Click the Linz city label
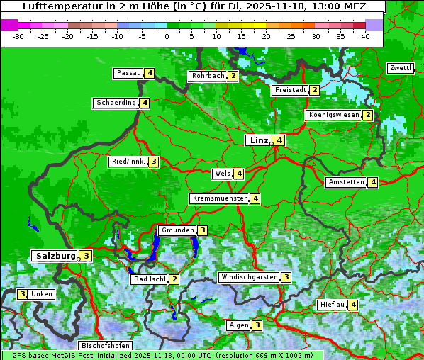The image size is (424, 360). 259,140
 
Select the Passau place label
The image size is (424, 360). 129,73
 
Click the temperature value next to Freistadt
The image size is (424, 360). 314,90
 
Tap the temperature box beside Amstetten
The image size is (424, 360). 373,182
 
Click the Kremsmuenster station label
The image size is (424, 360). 219,198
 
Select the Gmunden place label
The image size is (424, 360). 177,230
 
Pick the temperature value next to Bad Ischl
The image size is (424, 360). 174,279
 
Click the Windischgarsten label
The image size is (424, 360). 249,277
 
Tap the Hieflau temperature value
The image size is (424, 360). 353,305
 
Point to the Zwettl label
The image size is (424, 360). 400,68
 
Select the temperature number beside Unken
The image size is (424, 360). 23,294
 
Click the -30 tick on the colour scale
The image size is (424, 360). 18,36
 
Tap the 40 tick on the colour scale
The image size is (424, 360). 365,36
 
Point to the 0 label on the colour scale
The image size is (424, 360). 167,36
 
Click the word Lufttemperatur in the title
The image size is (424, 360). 54,6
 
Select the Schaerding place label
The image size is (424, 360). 116,103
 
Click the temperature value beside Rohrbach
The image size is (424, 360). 233,76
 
